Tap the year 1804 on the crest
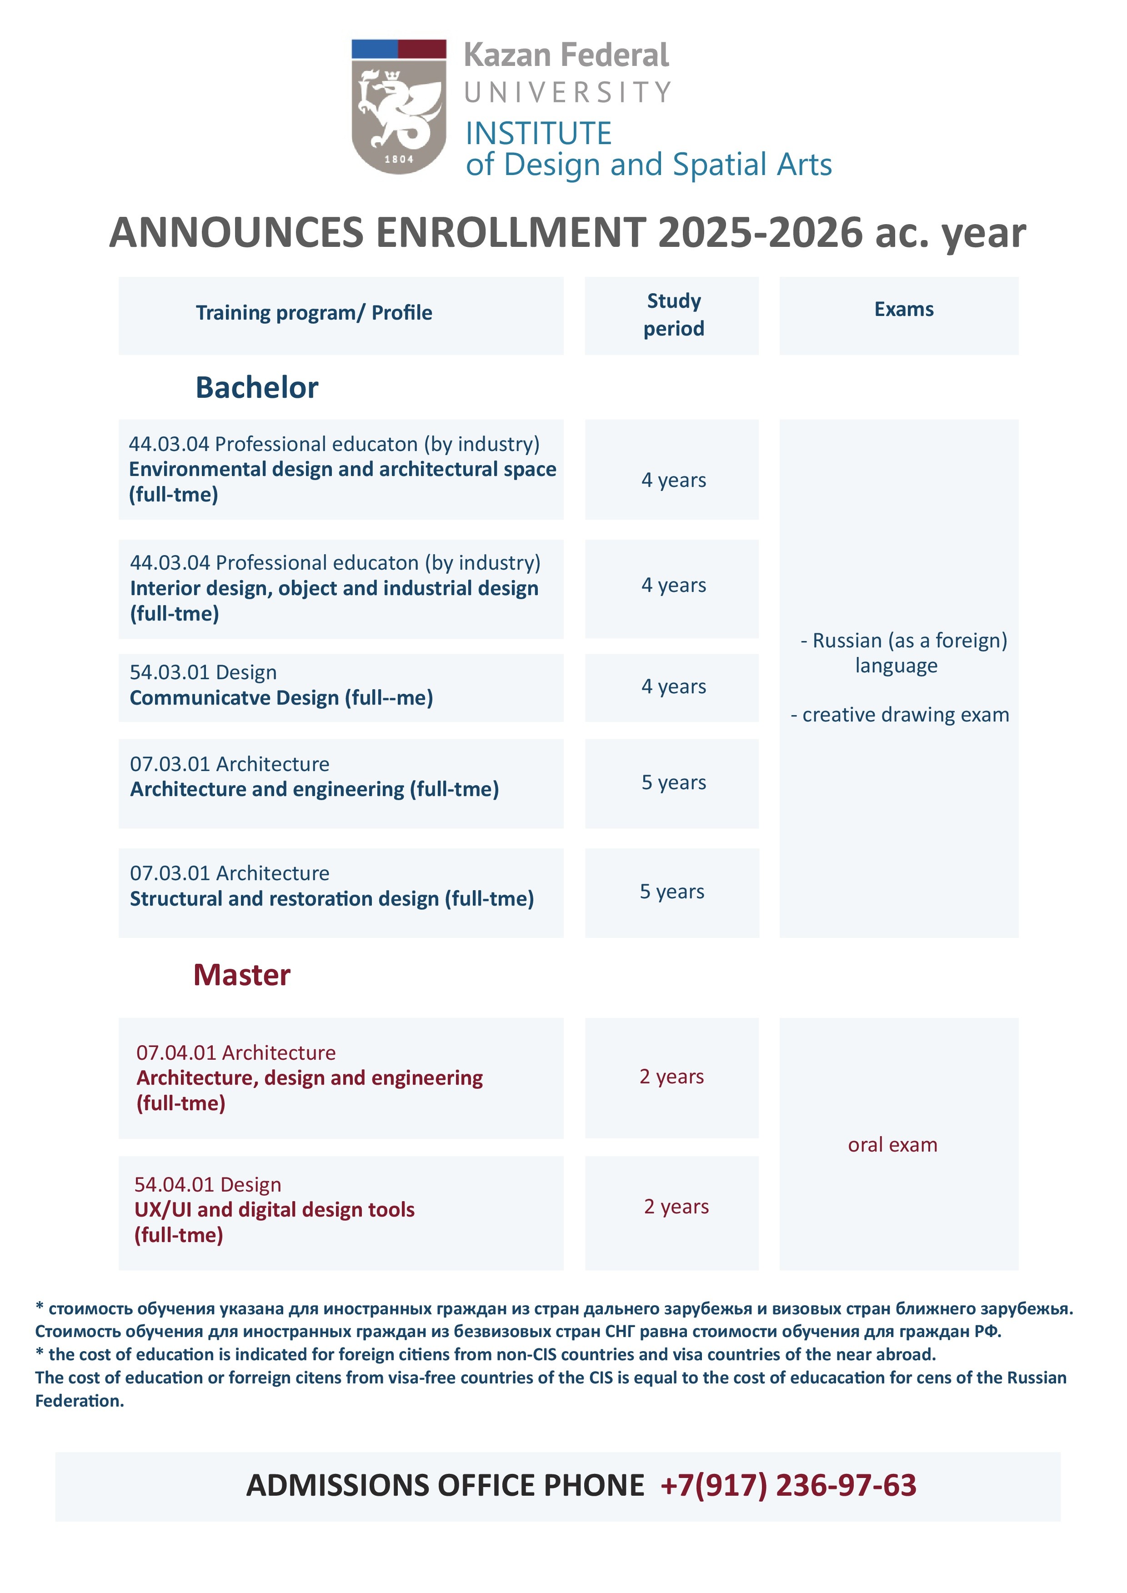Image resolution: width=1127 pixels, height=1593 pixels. (399, 159)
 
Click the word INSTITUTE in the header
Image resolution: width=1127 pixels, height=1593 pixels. (539, 133)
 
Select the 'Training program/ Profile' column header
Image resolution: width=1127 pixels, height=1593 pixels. (314, 313)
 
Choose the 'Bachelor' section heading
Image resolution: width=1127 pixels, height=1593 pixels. (257, 387)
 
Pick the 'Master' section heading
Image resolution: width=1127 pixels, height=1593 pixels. (241, 975)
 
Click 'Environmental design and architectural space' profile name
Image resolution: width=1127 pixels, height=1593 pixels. (343, 469)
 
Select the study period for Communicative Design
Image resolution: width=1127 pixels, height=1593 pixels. (673, 686)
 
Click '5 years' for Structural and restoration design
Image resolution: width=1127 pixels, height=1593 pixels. (672, 892)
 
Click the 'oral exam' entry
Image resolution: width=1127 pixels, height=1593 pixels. (892, 1145)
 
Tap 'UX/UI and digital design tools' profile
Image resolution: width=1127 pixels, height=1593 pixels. (275, 1210)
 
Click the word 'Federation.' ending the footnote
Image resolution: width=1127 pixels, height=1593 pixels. (80, 1401)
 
